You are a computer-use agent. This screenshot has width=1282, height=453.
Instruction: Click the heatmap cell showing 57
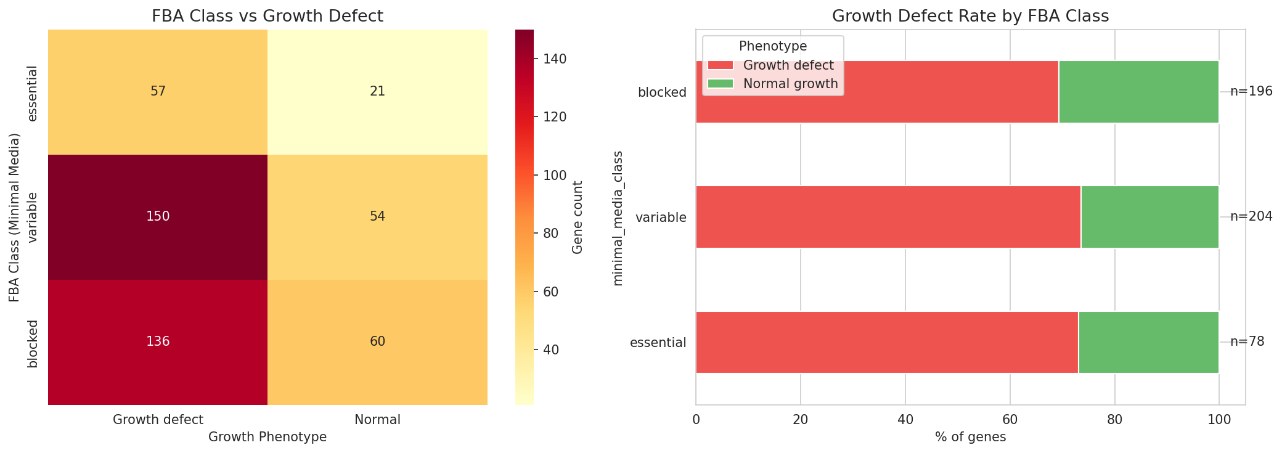158,92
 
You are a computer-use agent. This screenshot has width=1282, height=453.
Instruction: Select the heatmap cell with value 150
158,217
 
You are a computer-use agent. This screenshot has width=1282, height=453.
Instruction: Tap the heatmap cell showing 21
377,92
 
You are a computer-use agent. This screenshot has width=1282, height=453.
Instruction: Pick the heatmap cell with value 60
377,342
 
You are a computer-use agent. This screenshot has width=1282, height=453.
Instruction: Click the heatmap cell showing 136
158,342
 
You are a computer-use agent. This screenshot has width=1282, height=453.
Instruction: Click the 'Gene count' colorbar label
578,217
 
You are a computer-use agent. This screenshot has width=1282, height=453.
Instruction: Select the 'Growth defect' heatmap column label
158,420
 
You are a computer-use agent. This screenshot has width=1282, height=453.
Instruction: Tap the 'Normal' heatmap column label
377,420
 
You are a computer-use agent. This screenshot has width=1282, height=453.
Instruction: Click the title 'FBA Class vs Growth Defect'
267,16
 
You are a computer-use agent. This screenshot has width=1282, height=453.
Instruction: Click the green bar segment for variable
1149,217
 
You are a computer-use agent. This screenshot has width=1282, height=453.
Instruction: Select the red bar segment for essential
886,342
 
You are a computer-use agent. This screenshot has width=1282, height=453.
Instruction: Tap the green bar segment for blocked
1138,92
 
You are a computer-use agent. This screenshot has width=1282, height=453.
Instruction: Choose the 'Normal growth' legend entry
790,84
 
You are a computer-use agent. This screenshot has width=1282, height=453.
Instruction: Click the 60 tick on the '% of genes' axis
1010,420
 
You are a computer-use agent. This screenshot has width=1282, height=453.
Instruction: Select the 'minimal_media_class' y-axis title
619,217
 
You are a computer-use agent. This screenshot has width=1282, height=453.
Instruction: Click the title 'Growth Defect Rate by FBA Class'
970,16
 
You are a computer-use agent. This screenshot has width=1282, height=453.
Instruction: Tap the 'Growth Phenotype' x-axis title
267,437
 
